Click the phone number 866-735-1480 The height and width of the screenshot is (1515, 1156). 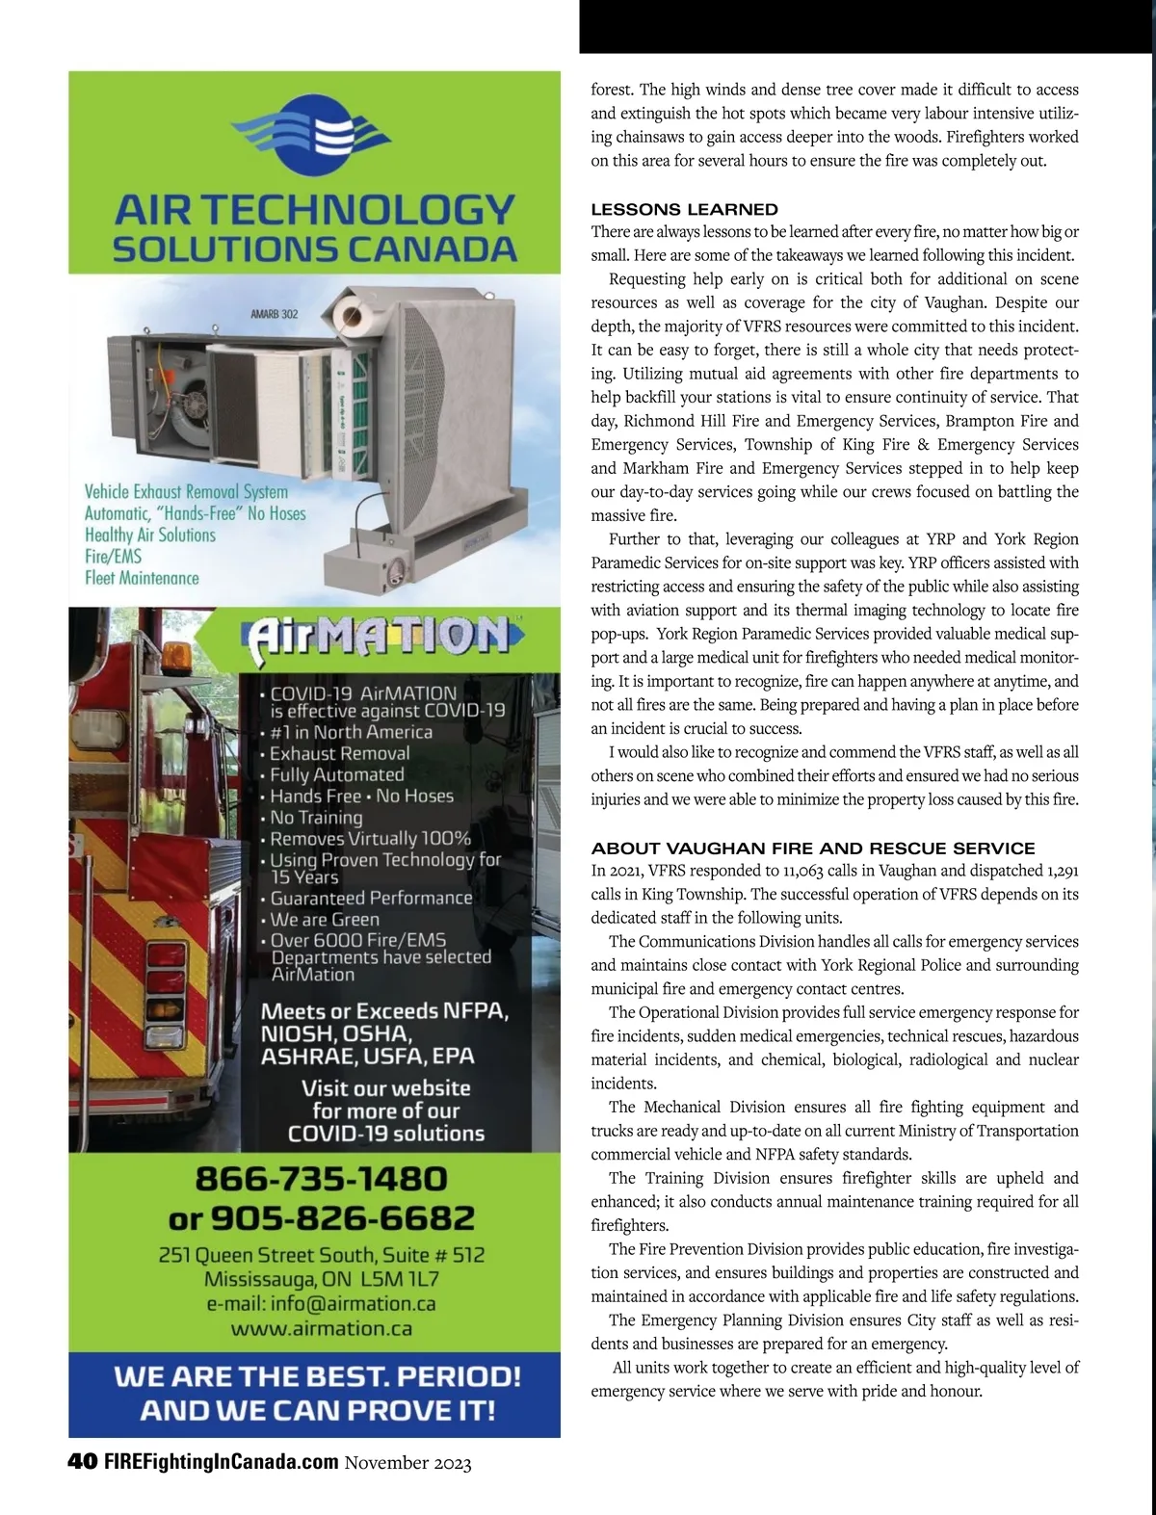pos(321,1179)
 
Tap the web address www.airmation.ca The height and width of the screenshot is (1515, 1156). pos(322,1329)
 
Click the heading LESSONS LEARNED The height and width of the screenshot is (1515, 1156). pos(684,209)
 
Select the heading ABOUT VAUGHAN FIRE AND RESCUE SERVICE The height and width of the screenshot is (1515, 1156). pos(813,849)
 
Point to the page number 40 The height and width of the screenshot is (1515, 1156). pos(82,1462)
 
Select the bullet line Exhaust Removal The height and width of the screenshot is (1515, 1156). pos(339,753)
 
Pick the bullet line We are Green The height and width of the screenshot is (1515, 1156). pos(324,919)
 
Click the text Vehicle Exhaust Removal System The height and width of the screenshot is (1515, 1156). pos(186,491)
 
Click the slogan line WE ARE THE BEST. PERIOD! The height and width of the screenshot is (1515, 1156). pos(318,1375)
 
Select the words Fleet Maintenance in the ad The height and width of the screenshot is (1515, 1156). pos(142,578)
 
